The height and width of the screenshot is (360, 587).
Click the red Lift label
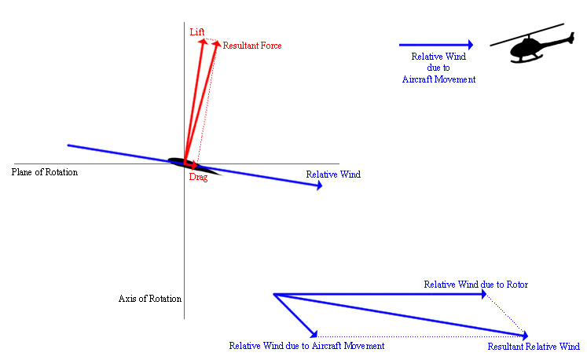pos(197,32)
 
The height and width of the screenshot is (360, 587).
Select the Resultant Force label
pos(252,46)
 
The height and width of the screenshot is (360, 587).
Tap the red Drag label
pos(198,177)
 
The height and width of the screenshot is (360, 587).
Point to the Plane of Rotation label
pos(45,172)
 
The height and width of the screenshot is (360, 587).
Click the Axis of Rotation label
pos(150,299)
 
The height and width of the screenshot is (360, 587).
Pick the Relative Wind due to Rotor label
pos(476,285)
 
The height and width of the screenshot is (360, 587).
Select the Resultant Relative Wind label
pos(534,347)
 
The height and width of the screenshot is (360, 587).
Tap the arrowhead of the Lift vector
pos(203,42)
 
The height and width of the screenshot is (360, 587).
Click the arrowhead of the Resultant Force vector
pos(217,44)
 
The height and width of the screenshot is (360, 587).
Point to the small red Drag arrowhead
pos(194,165)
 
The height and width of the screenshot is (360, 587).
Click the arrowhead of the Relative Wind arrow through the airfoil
pos(319,185)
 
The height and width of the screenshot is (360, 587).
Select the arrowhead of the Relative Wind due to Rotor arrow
pos(484,295)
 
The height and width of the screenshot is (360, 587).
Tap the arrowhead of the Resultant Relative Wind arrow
pos(525,336)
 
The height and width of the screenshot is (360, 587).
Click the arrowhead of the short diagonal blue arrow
pos(314,334)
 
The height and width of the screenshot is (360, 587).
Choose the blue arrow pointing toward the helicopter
pos(436,45)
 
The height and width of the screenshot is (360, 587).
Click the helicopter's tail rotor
pos(571,39)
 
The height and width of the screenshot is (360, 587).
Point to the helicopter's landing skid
pos(526,59)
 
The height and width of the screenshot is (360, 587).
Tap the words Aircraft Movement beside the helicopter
pos(438,79)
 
